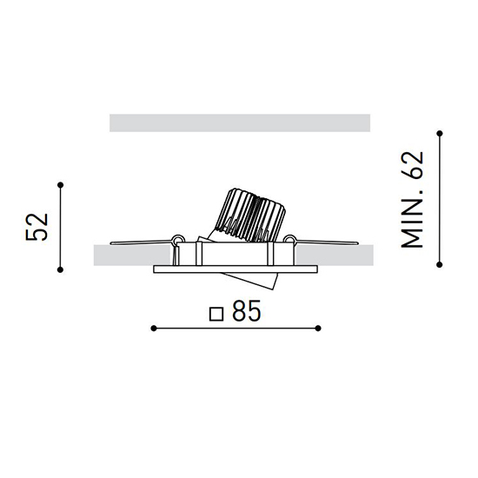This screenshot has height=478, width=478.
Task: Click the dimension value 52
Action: (37, 227)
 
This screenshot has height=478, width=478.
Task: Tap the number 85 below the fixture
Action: (247, 311)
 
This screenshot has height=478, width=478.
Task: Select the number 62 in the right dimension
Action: (412, 165)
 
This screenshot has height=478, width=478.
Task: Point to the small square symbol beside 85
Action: (216, 314)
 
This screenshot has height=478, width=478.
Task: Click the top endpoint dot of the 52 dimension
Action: (60, 185)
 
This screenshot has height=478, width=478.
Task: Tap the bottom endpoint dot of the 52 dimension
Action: (60, 269)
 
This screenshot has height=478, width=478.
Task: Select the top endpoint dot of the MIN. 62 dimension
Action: (440, 134)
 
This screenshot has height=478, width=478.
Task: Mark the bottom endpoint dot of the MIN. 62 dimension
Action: (440, 264)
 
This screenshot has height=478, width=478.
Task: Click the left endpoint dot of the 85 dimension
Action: (154, 329)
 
